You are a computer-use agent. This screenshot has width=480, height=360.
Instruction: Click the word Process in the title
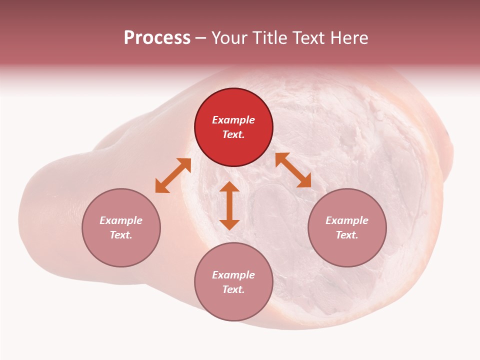pyautogui.click(x=157, y=38)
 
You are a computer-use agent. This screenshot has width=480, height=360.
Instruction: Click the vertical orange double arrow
pyautogui.click(x=229, y=206)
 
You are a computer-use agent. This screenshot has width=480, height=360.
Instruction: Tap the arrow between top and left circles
pyautogui.click(x=173, y=175)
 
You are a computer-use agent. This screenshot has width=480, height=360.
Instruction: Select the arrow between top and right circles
pyautogui.click(x=293, y=170)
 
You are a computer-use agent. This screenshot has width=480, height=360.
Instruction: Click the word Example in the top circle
pyautogui.click(x=233, y=120)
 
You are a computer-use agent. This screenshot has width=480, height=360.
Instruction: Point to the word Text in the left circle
pyautogui.click(x=121, y=235)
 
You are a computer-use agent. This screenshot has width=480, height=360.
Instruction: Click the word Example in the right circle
pyautogui.click(x=347, y=220)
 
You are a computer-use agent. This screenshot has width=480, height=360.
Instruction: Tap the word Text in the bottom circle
pyautogui.click(x=233, y=289)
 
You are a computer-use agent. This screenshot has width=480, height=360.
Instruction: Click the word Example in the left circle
pyautogui.click(x=121, y=220)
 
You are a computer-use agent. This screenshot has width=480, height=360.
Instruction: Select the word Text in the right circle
pyautogui.click(x=347, y=235)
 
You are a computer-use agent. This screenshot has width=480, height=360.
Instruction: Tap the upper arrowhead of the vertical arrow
pyautogui.click(x=229, y=188)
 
